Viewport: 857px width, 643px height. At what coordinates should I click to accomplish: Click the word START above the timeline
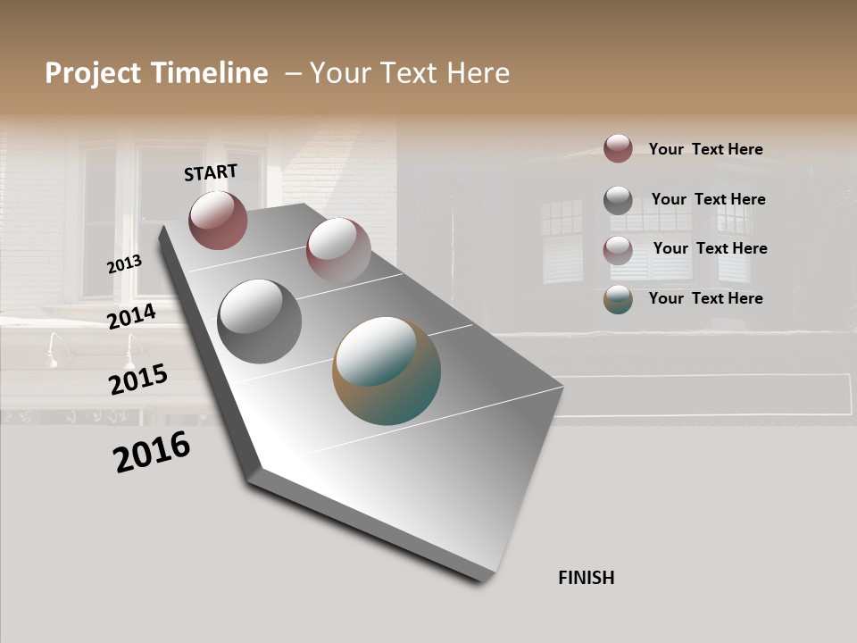(211, 172)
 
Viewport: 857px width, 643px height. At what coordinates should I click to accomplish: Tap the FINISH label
(587, 578)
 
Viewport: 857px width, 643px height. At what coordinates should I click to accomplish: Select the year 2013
(124, 264)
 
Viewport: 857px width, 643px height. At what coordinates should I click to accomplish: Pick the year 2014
(132, 316)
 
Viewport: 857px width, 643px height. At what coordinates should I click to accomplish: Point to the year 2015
(138, 380)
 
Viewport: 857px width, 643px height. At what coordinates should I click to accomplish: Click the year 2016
(152, 452)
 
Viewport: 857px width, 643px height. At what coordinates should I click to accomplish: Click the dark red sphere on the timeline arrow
(218, 220)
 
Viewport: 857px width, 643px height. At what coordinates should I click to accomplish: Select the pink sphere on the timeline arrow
(338, 250)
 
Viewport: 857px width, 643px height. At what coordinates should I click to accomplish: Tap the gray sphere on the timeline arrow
(260, 321)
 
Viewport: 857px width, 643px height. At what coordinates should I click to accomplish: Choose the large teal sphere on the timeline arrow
(387, 371)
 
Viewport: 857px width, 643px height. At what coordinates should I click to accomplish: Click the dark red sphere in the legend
(618, 148)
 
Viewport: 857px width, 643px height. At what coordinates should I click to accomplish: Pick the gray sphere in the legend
(618, 200)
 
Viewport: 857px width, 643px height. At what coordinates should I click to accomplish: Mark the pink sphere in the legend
(618, 250)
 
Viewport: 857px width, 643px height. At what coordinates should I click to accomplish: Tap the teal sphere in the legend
(618, 299)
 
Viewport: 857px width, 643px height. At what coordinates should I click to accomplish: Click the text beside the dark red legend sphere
(705, 149)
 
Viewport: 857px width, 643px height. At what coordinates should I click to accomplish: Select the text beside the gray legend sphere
(708, 199)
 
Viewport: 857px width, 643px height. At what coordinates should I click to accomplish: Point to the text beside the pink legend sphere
(710, 248)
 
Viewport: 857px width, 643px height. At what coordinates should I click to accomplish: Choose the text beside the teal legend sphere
(705, 298)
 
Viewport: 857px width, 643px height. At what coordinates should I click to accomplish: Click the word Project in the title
(94, 73)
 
